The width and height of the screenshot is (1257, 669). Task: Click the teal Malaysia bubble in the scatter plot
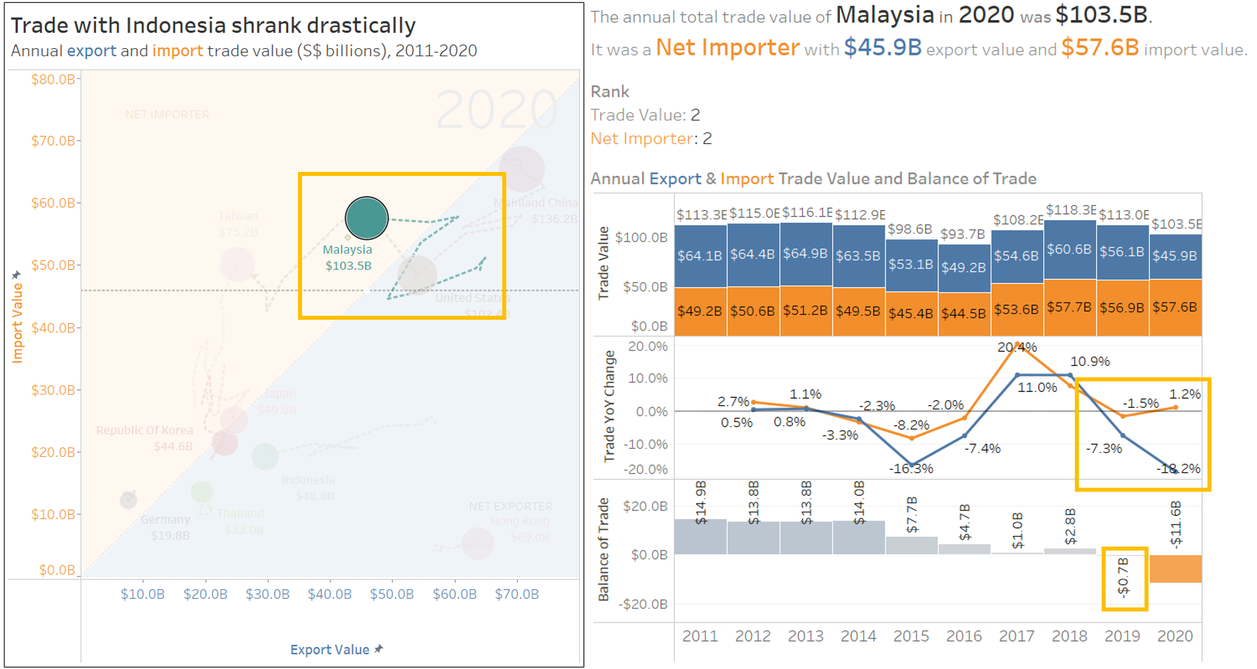pyautogui.click(x=366, y=218)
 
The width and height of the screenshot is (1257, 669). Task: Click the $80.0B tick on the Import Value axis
pyautogui.click(x=54, y=80)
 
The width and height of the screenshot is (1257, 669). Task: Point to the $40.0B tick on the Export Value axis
pyautogui.click(x=329, y=594)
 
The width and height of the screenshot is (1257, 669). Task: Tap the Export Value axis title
pyautogui.click(x=329, y=650)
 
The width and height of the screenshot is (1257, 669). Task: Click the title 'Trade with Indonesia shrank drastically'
pyautogui.click(x=213, y=25)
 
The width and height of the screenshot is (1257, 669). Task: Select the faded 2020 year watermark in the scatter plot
pyautogui.click(x=496, y=110)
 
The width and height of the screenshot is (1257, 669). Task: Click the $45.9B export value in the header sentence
pyautogui.click(x=883, y=47)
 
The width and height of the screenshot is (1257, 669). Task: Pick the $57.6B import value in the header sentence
pyautogui.click(x=1100, y=47)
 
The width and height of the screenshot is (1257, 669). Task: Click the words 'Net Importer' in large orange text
pyautogui.click(x=727, y=47)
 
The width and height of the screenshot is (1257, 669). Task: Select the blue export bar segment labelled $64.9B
pyautogui.click(x=806, y=254)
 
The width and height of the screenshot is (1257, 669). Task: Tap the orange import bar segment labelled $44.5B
pyautogui.click(x=964, y=313)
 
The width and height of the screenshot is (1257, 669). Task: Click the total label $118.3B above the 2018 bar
pyautogui.click(x=1070, y=211)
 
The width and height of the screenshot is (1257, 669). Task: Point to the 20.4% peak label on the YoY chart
pyautogui.click(x=1017, y=347)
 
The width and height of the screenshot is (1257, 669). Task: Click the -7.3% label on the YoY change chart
pyautogui.click(x=1104, y=448)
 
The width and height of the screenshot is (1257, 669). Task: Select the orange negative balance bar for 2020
pyautogui.click(x=1175, y=568)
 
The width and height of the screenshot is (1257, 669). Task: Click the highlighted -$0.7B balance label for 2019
pyautogui.click(x=1124, y=577)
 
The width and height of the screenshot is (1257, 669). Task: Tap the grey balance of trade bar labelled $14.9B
pyautogui.click(x=700, y=537)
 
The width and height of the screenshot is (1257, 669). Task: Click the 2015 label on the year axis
pyautogui.click(x=911, y=636)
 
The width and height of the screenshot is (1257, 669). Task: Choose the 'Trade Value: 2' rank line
pyautogui.click(x=645, y=115)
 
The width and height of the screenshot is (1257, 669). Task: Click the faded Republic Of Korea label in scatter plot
pyautogui.click(x=144, y=430)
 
